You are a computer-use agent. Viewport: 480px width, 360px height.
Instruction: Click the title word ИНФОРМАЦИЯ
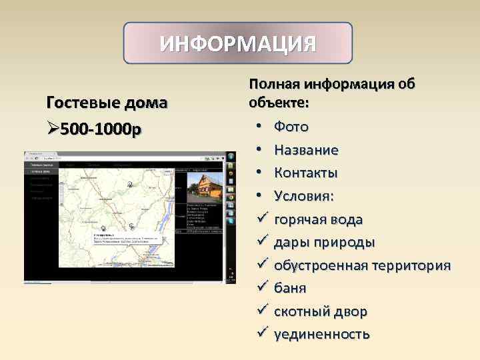[238, 45]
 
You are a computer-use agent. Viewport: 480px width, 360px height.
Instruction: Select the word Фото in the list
[291, 127]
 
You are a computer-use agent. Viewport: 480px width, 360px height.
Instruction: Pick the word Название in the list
[306, 150]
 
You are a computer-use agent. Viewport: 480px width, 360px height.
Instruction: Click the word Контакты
[305, 173]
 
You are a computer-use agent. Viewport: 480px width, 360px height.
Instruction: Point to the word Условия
[303, 197]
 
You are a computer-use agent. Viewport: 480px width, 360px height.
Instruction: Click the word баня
[290, 289]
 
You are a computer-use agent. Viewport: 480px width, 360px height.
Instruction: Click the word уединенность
[321, 335]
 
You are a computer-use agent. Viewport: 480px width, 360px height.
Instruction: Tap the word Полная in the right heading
[275, 85]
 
